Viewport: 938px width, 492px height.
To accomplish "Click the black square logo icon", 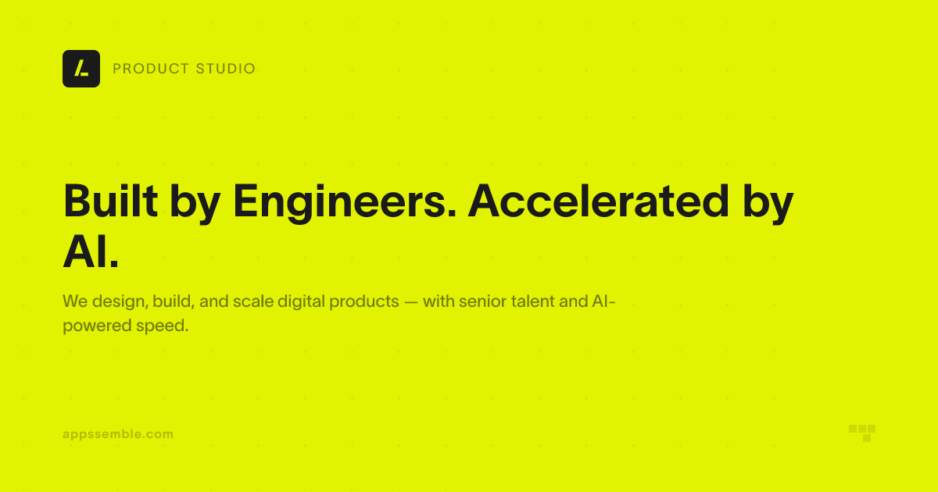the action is [x=81, y=69].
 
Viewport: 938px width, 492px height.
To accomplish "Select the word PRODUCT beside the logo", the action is [x=151, y=69].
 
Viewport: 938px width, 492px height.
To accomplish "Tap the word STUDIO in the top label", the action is [x=225, y=69].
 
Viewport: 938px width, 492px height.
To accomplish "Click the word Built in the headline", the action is [x=110, y=201].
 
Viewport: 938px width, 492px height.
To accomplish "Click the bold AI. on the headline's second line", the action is [x=91, y=252].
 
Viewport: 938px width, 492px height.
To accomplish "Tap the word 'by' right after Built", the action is [x=195, y=204].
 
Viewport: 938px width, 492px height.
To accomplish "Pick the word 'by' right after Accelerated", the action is [x=768, y=204].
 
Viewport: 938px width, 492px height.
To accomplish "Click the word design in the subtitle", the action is [x=120, y=302].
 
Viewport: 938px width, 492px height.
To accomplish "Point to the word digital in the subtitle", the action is [x=301, y=302].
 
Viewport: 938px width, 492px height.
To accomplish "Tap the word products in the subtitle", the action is [x=364, y=302].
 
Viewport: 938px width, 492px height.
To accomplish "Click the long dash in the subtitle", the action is [x=411, y=301].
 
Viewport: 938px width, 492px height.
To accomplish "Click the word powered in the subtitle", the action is [x=97, y=326].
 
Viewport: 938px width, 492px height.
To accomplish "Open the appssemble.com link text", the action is [x=118, y=435].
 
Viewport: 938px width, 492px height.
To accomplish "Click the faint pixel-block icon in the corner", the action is [x=862, y=433].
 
